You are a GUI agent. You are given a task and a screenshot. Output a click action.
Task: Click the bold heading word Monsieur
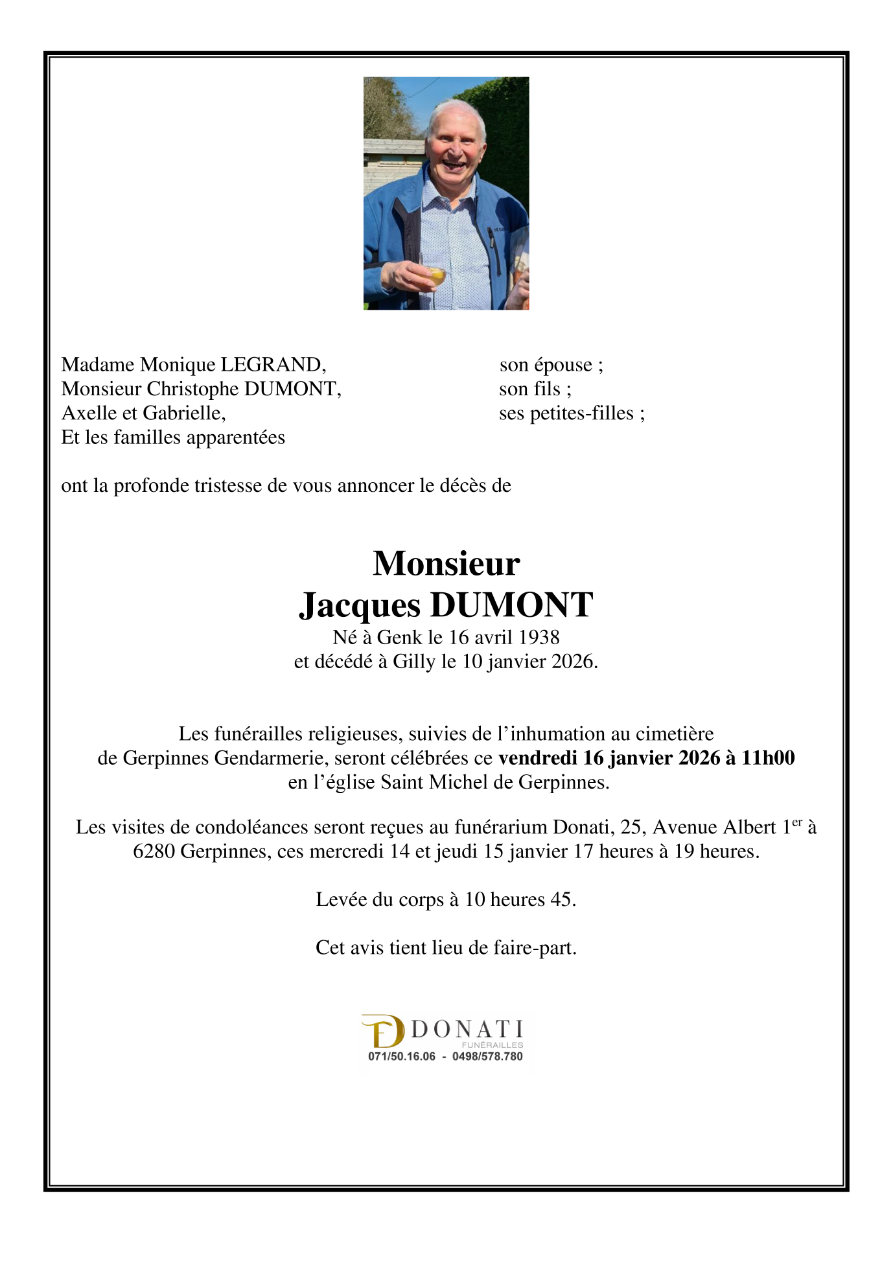click(446, 563)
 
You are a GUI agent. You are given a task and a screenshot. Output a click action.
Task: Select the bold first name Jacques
click(360, 605)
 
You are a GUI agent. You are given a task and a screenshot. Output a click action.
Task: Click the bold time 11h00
click(768, 758)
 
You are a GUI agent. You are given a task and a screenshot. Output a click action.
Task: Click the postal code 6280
click(154, 852)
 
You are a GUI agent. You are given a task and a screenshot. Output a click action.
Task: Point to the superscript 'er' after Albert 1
click(797, 822)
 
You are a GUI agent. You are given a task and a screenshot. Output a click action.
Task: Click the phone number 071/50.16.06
click(402, 1056)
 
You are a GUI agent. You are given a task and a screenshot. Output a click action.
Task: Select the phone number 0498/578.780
click(487, 1056)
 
